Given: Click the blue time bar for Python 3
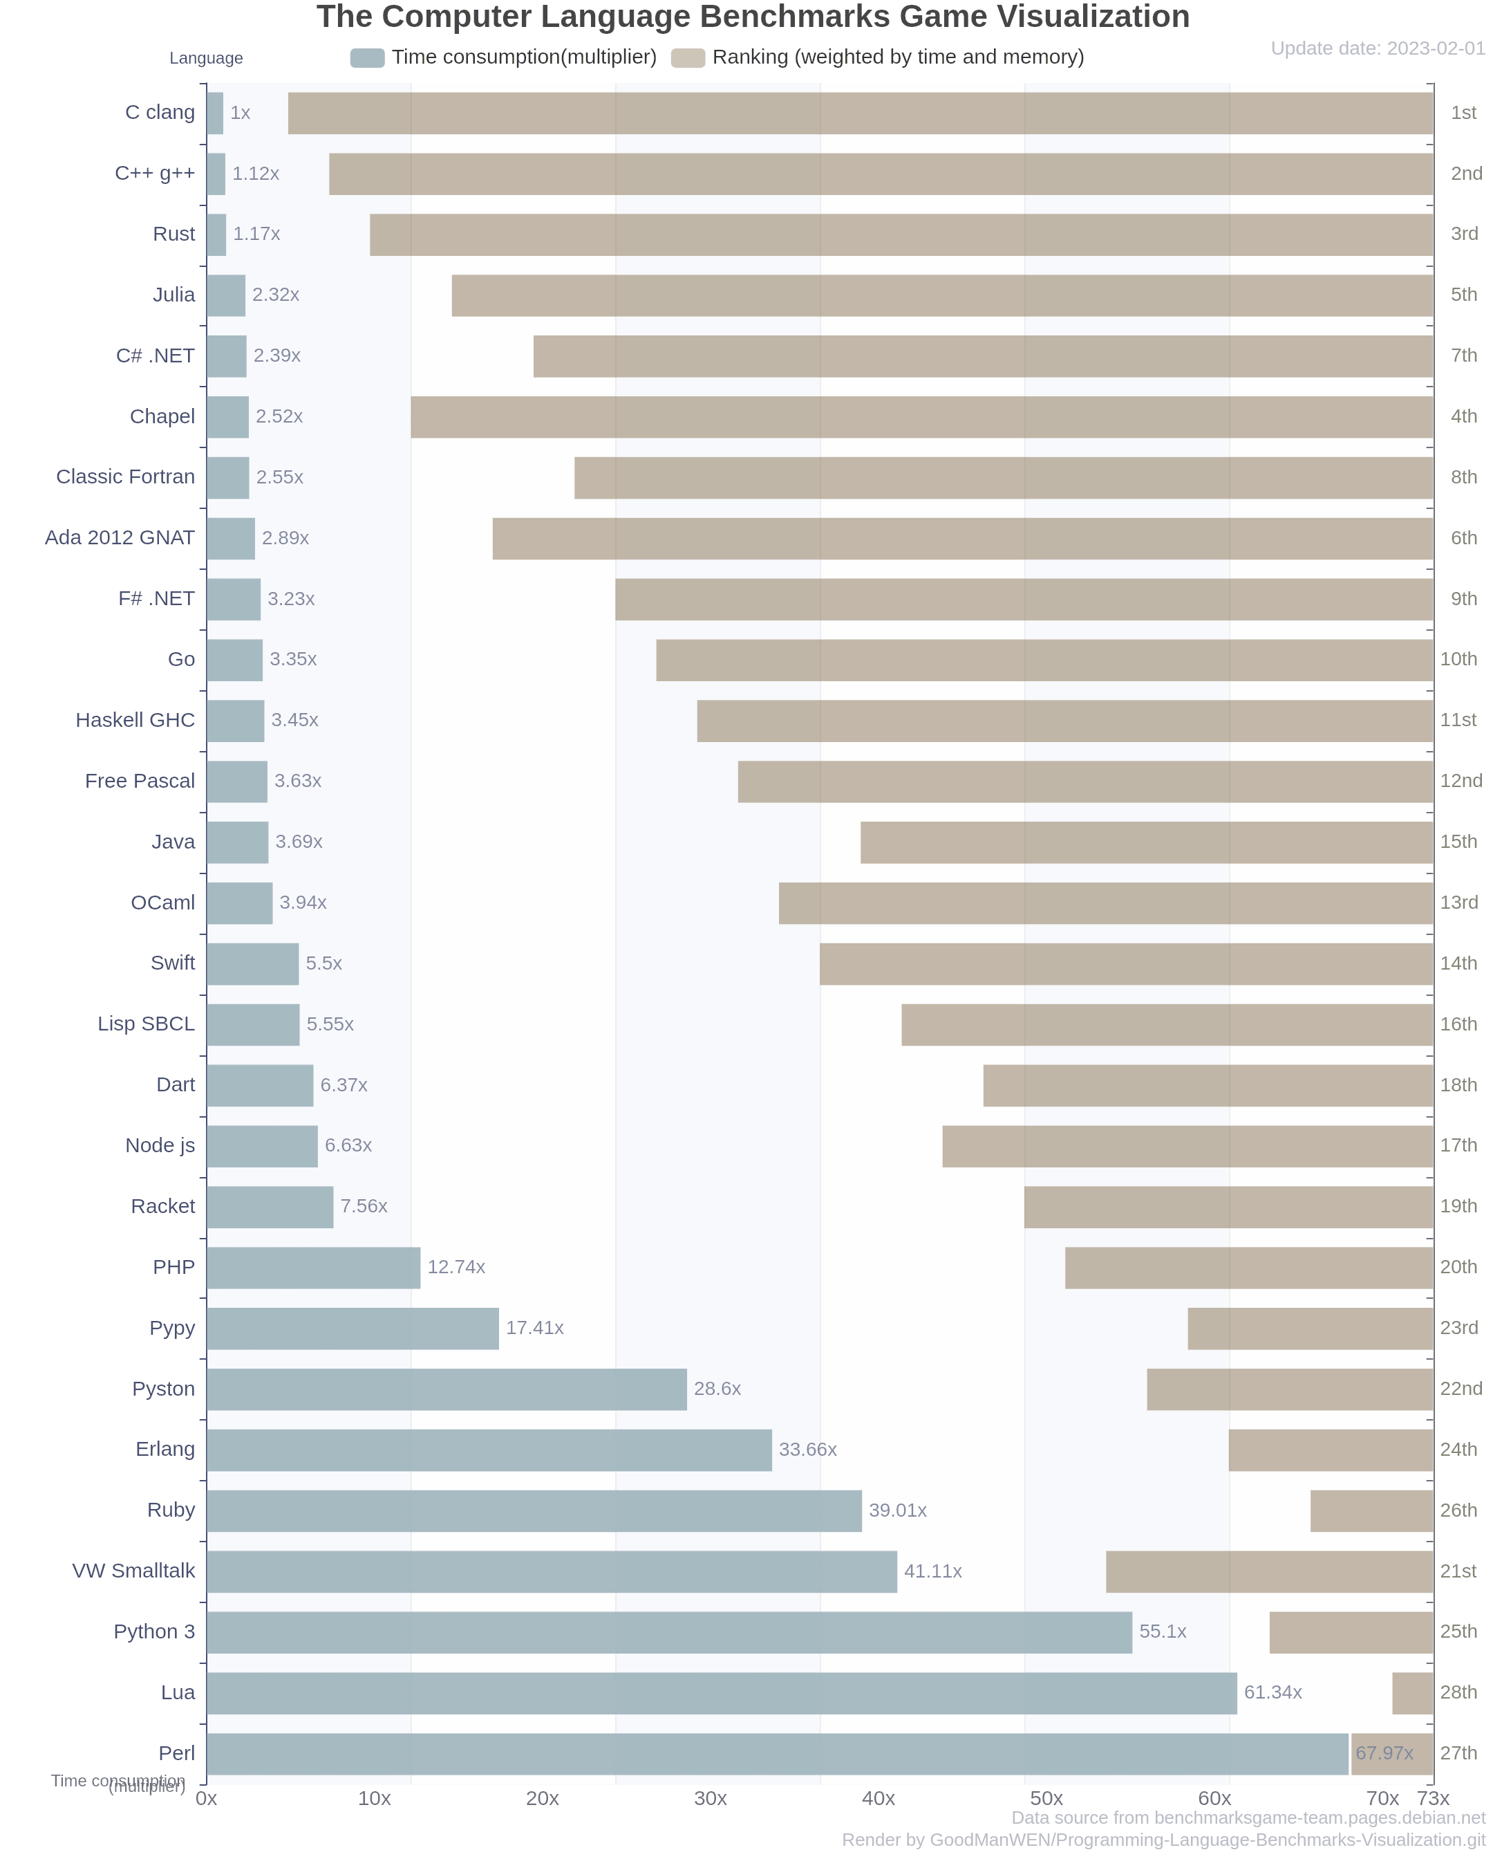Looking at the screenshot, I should pos(668,1632).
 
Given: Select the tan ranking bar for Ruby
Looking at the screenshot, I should pos(1371,1510).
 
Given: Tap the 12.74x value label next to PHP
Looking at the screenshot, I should pos(456,1268).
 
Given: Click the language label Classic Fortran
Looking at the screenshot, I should pos(126,477).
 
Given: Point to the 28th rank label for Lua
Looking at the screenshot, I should pos(1458,1692).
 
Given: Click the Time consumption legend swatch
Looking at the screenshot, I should pos(367,58).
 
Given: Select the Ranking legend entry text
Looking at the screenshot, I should pos(897,57).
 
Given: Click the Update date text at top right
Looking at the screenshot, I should pos(1378,48).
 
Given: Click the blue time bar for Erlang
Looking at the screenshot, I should pos(489,1450).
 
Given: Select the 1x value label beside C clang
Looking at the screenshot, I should pos(240,113).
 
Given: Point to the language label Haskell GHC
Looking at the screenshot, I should pos(135,720).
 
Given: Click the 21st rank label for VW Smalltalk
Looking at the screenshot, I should pos(1458,1571).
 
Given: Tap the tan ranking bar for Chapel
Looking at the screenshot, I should pos(921,417).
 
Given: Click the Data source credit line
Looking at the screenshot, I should pos(1248,1818).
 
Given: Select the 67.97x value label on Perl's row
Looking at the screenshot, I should pos(1384,1753).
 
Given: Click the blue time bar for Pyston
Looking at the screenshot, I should pos(447,1389).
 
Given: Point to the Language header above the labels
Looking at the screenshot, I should pos(206,58).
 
